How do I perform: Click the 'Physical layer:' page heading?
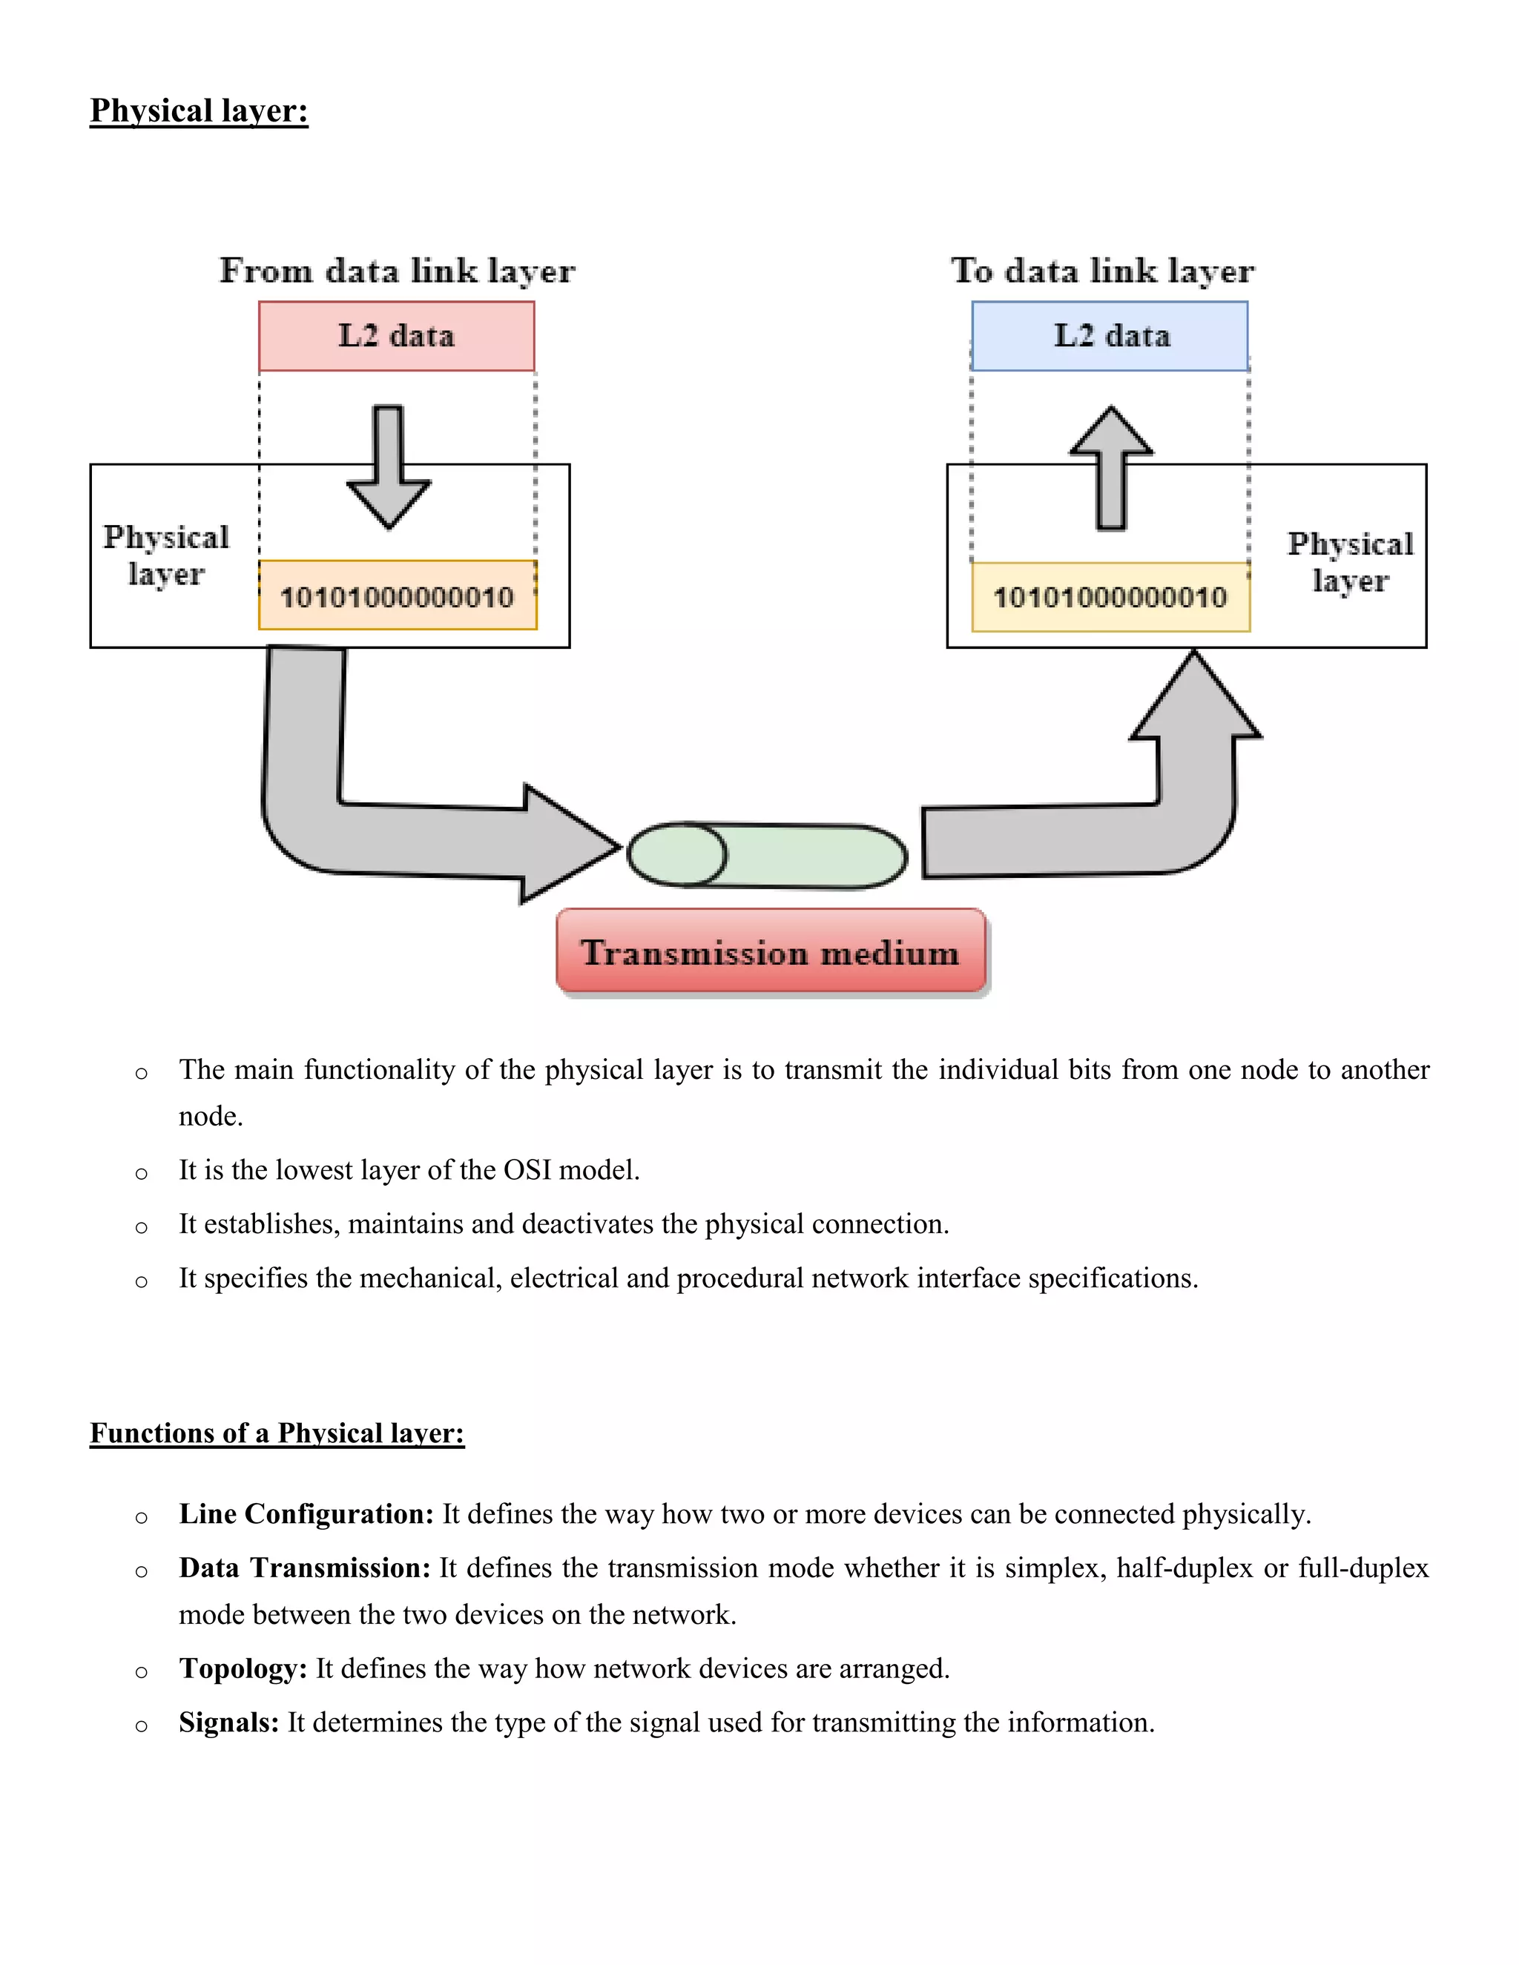point(199,110)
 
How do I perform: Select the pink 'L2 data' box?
point(396,336)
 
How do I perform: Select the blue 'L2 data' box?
point(1110,336)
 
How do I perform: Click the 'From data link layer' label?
point(397,271)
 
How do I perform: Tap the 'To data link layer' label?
point(1102,271)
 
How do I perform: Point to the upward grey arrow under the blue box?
point(1111,468)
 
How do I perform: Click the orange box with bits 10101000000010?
point(397,595)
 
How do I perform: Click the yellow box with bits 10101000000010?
point(1110,596)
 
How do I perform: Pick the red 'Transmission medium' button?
point(771,952)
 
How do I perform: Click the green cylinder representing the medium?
point(767,856)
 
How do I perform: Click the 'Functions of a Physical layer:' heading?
point(277,1433)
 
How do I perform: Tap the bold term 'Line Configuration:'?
point(306,1514)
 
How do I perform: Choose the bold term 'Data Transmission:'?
point(304,1568)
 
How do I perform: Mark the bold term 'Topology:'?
point(243,1669)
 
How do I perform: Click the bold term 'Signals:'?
point(228,1723)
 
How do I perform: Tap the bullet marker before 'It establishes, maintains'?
point(141,1227)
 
